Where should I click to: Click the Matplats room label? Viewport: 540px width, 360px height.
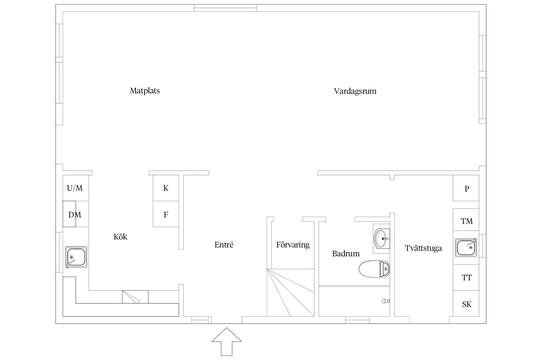[145, 91]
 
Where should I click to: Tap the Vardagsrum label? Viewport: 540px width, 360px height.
[355, 91]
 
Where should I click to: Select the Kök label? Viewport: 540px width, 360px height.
[120, 237]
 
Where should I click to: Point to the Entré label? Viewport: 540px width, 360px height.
[224, 245]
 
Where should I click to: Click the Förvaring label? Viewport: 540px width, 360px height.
[293, 245]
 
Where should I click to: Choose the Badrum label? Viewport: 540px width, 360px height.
[346, 253]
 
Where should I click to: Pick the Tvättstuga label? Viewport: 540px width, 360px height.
[423, 248]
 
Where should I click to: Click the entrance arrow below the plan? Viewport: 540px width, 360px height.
[227, 341]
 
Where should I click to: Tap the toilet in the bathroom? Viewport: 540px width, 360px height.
[374, 269]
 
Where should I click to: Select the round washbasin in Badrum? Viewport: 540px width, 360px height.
[382, 239]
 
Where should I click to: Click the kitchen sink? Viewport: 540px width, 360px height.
[76, 257]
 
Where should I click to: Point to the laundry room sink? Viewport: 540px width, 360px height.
[466, 248]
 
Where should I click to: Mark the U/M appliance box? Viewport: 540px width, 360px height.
[76, 188]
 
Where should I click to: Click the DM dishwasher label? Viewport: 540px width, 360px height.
[75, 215]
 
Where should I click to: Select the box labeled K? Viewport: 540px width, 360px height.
[166, 188]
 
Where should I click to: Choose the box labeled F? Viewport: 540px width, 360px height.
[166, 214]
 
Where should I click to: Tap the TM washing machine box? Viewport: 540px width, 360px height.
[466, 220]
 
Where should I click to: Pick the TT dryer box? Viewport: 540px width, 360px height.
[466, 278]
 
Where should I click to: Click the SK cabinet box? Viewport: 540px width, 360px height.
[466, 303]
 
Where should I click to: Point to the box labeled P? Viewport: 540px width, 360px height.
[466, 188]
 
